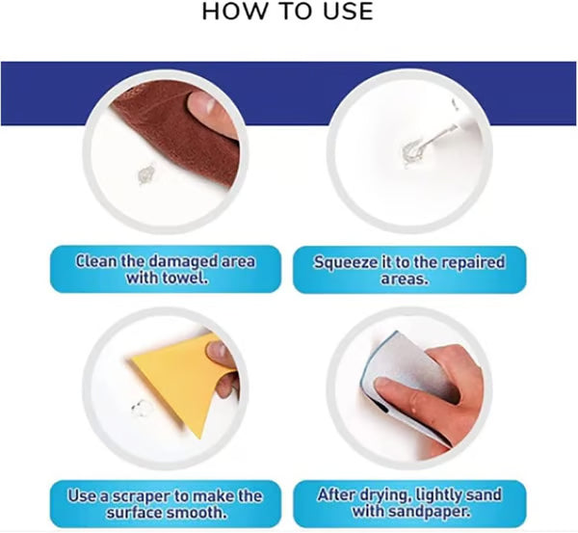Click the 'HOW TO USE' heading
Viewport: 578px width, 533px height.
coord(288,13)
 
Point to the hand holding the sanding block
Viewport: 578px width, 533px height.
coord(433,386)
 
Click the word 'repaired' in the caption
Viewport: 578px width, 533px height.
coord(469,261)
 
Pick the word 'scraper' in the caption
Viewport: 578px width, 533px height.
coord(142,496)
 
